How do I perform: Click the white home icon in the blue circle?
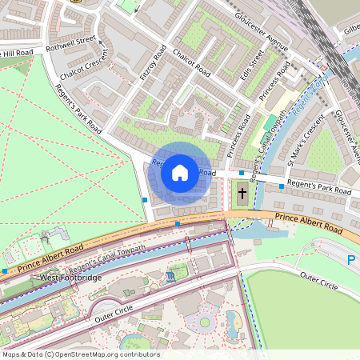pyautogui.click(x=180, y=172)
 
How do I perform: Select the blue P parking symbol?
pyautogui.click(x=351, y=260)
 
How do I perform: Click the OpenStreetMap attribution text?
pyautogui.click(x=81, y=354)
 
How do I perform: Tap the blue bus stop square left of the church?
pyautogui.click(x=241, y=173)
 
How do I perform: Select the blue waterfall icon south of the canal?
pyautogui.click(x=171, y=277)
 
